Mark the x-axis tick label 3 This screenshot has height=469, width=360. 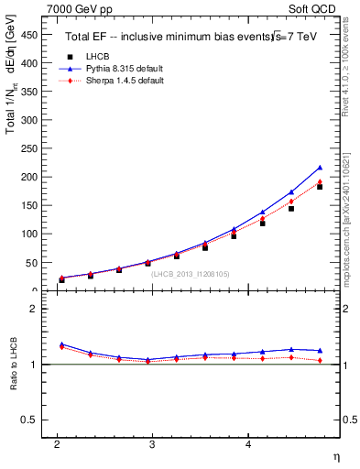pos(152,444)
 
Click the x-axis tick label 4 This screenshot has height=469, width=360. pos(248,444)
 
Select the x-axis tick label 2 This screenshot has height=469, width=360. pos(57,444)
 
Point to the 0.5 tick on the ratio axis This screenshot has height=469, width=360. pos(30,420)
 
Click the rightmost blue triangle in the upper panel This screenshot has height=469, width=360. pos(320,168)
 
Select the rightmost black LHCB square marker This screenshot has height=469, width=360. pos(320,186)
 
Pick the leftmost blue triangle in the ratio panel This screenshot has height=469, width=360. pos(61,344)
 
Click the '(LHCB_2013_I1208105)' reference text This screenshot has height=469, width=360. pos(190,274)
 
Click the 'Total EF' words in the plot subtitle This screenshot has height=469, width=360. pos(86,38)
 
